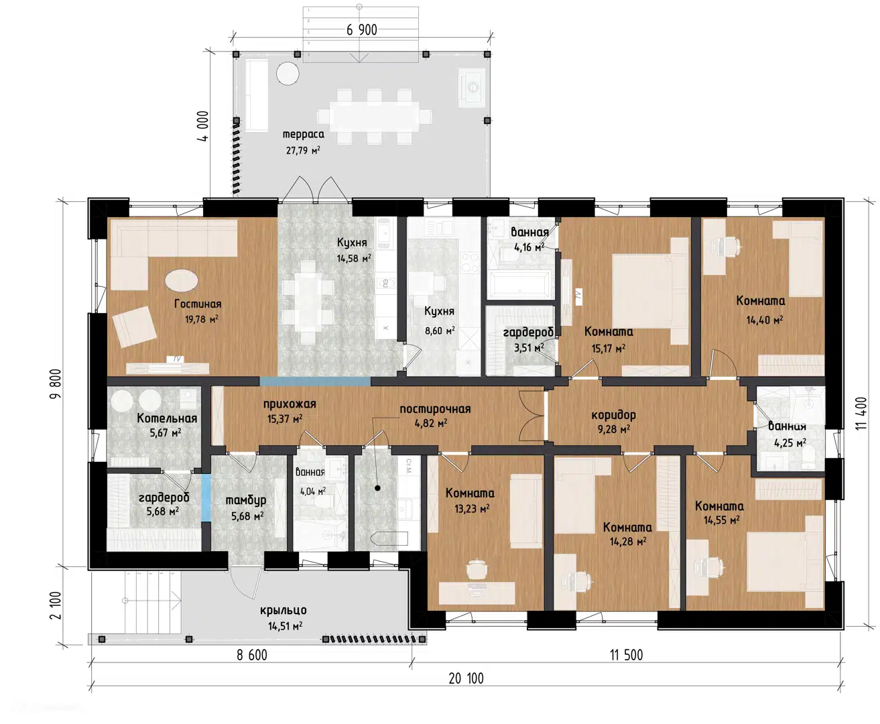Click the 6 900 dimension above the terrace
coord(362,30)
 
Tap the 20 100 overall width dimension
coord(466,678)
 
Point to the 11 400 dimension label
coord(861,414)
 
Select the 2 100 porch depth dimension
coord(56,605)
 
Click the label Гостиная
coord(198,304)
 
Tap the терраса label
coord(304,134)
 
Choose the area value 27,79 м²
coord(304,150)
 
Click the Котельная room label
coord(167,418)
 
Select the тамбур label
coord(246,500)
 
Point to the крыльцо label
coord(284,611)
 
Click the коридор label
coord(614,415)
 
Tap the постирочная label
coord(435,409)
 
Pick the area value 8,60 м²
coord(440,331)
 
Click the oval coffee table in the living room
coord(181,280)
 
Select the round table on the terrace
coord(288,74)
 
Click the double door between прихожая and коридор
coord(531,416)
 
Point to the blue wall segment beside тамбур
coord(206,498)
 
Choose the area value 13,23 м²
coord(472,509)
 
